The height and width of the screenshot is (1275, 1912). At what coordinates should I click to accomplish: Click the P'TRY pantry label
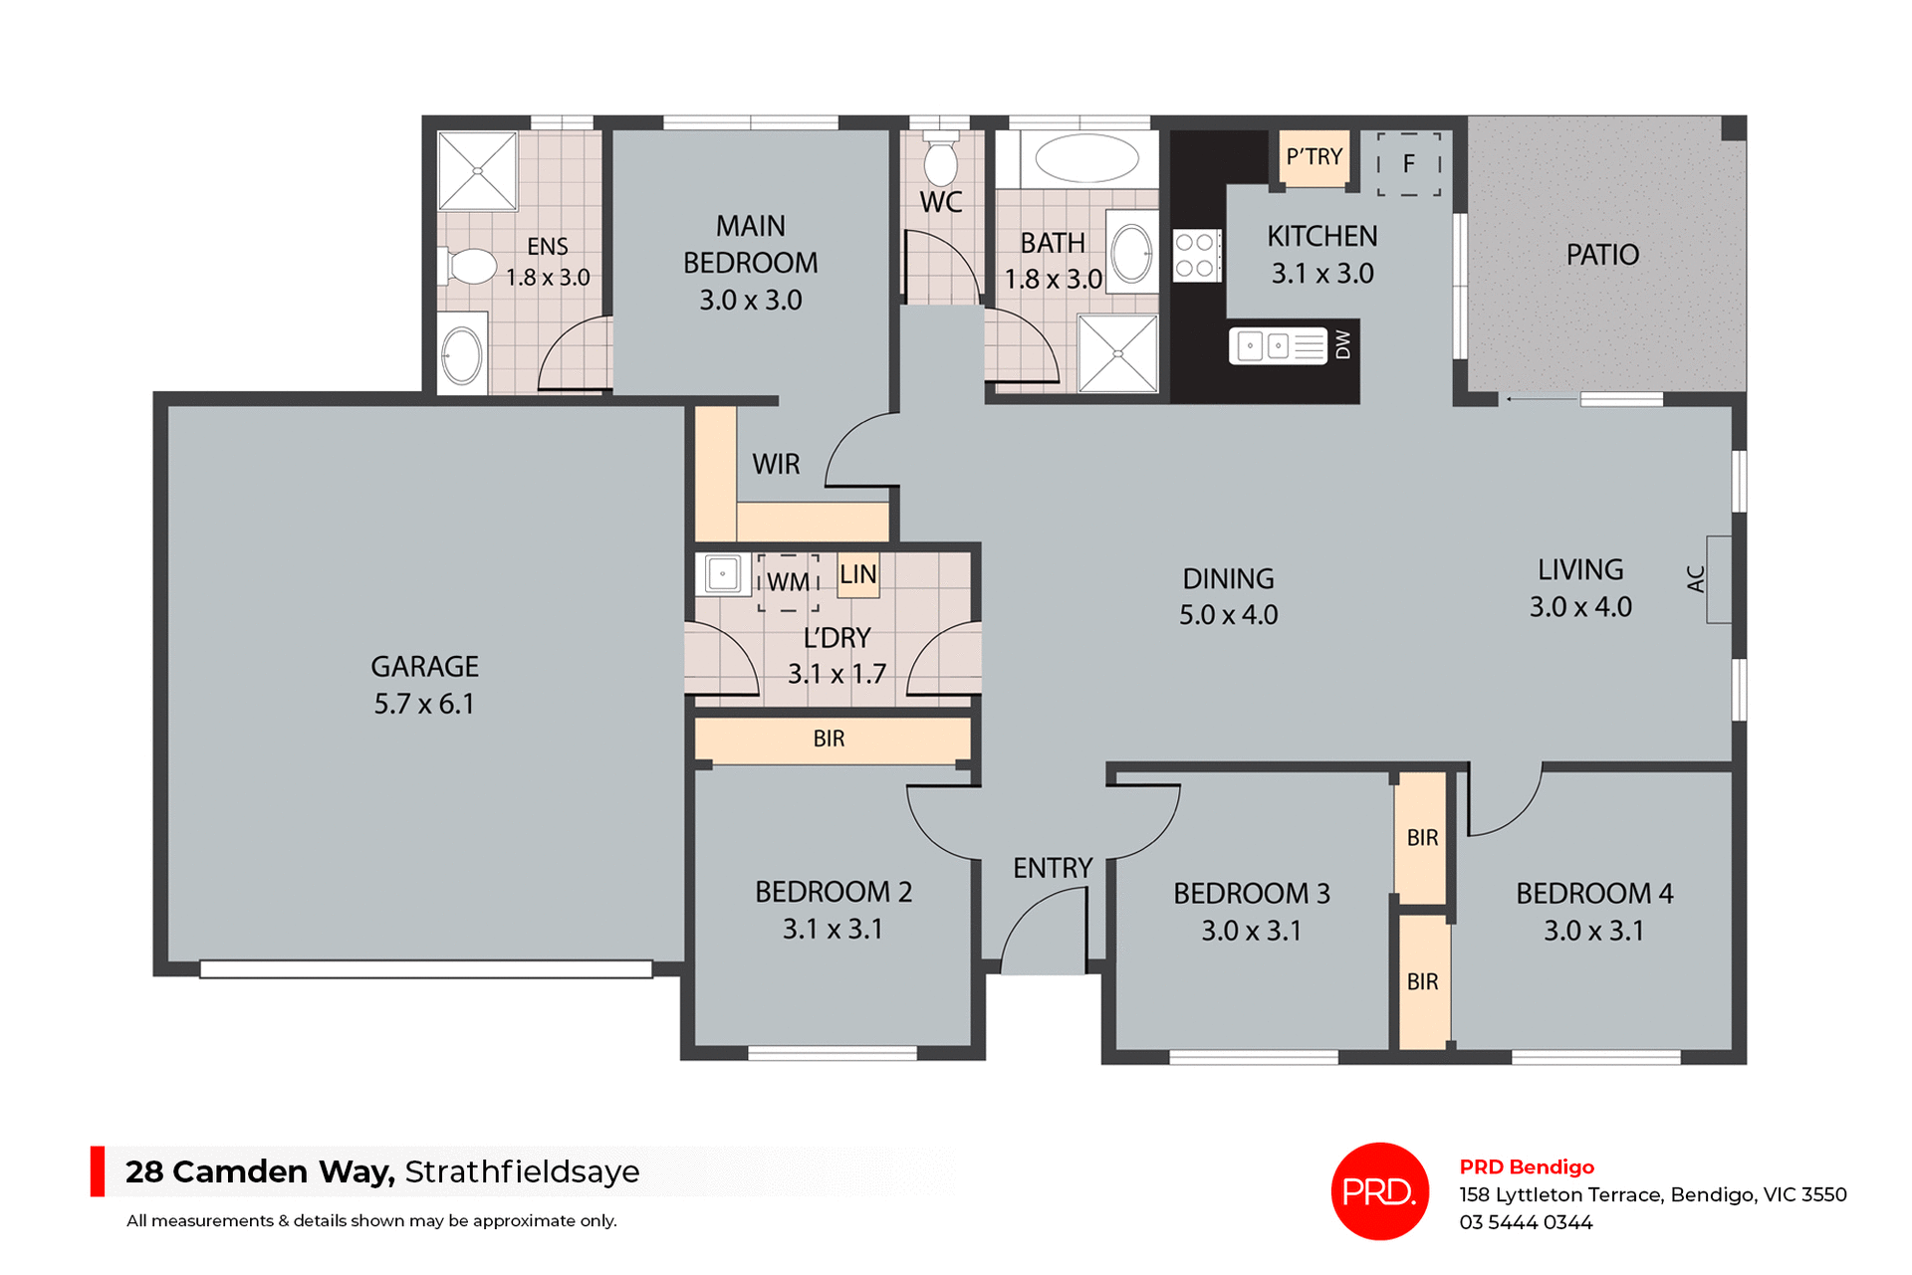pos(1314,157)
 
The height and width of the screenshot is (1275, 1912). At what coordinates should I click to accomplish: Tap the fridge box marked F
pos(1408,164)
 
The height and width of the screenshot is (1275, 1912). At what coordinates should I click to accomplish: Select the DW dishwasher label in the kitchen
pos(1343,344)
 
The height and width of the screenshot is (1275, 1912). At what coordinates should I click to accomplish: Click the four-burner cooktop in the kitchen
pos(1196,255)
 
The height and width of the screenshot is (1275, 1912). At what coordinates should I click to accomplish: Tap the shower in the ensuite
pos(477,171)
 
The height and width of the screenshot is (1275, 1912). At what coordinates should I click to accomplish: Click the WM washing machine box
pos(788,581)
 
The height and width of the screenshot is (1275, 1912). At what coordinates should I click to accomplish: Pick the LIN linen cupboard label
pos(857,575)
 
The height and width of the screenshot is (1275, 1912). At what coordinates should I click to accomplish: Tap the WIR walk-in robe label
pos(776,464)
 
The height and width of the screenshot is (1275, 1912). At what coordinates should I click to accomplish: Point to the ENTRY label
pos(1052,868)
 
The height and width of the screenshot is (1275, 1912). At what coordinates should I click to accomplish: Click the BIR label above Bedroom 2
pos(829,739)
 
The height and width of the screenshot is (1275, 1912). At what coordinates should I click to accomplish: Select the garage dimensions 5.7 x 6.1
pos(424,705)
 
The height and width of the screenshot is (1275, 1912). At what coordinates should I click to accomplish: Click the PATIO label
pos(1601,255)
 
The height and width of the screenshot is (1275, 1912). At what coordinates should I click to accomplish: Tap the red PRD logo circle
pos(1379,1190)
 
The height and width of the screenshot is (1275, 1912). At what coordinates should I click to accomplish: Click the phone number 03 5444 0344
pos(1526,1222)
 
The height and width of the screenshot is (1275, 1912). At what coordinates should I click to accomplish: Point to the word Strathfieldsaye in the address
pos(522,1171)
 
